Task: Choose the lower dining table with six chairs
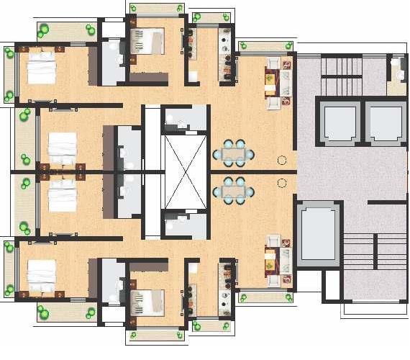point(234,191)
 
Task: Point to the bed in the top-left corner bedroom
point(42,70)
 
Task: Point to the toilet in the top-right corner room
point(396,71)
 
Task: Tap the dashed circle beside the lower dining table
point(283,184)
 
